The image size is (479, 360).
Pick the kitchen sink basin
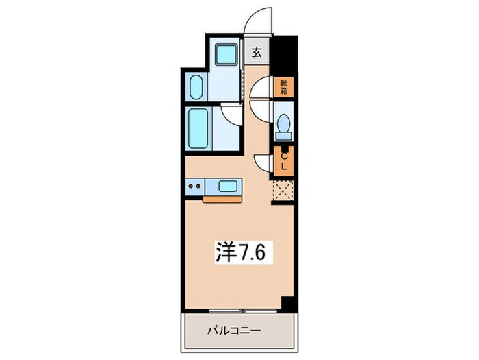pos(228,185)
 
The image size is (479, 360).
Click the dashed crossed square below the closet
pos(282,189)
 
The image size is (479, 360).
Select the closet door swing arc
pos(263,163)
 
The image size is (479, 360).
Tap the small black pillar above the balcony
pos(287,302)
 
